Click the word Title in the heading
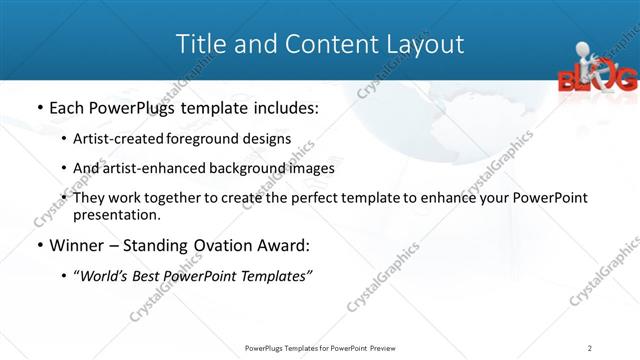(x=199, y=44)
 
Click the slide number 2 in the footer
(x=590, y=348)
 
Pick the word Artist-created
(x=112, y=138)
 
